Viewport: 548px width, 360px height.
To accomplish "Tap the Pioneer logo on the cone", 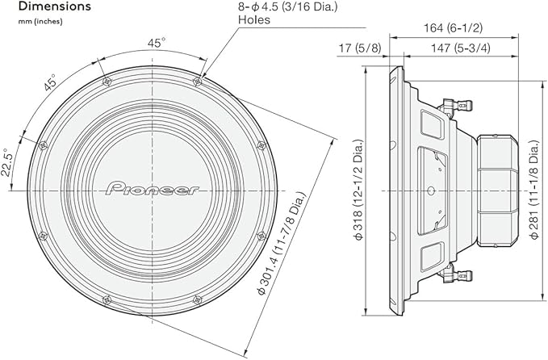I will (151, 189).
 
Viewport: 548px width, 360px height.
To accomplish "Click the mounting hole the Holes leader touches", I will (199, 81).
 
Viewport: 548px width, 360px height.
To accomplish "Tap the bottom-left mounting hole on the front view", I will (106, 299).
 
